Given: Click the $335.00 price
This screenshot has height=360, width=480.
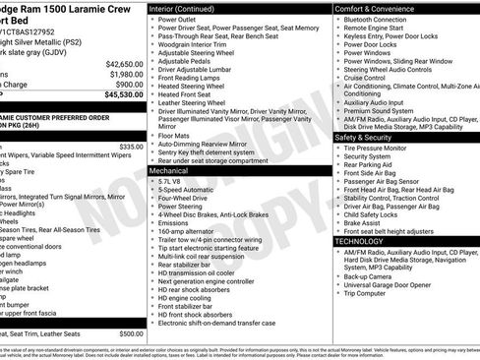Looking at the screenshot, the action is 132,146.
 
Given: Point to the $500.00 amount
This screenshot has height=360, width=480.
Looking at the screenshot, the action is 132,333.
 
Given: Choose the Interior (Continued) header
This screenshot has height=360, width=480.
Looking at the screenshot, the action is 192,8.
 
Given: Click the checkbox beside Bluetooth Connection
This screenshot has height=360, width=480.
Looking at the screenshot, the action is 338,20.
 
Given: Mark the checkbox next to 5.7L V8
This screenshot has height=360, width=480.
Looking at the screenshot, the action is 152,182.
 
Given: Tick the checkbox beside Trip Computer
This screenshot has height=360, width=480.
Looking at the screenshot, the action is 338,293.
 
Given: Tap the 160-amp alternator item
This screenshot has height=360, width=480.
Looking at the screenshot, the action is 193,230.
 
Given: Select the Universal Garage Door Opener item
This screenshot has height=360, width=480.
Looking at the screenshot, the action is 398,284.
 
